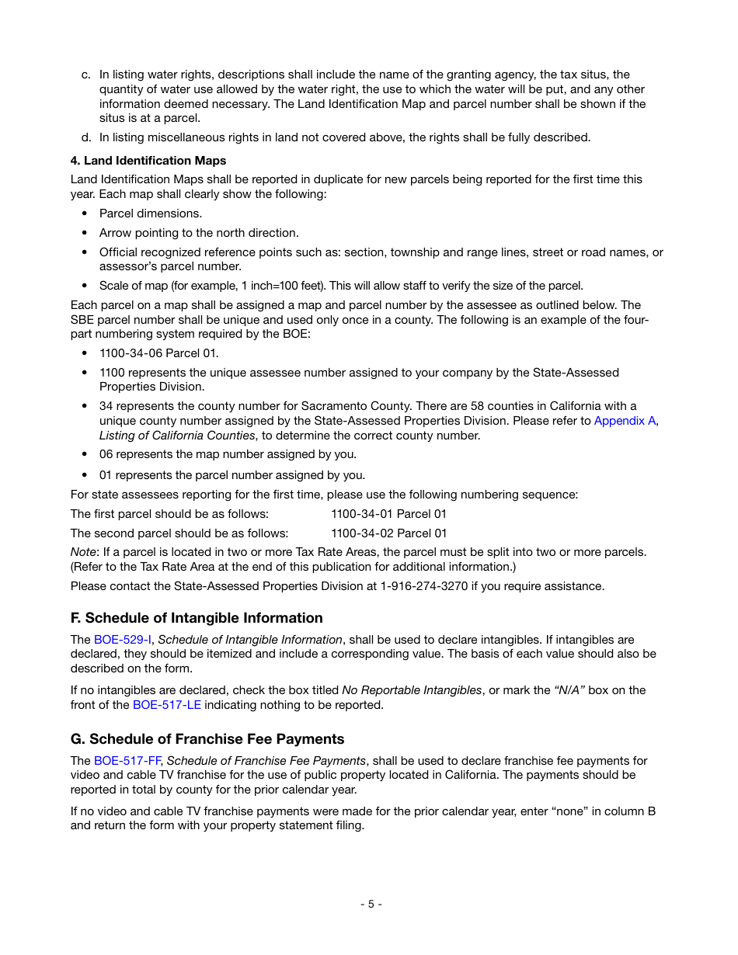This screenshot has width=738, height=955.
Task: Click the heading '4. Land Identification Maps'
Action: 148,161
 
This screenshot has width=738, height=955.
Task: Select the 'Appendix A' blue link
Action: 625,421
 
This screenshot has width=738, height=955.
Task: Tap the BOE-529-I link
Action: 122,640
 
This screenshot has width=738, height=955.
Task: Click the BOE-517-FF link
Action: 127,761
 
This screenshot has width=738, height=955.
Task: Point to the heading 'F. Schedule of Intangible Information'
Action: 197,618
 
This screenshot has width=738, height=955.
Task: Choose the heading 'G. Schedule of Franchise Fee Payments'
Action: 207,739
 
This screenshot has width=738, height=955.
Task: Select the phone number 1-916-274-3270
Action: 424,586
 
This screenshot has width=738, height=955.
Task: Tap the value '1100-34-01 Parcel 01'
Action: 388,514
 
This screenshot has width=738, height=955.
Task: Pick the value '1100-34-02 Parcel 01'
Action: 388,533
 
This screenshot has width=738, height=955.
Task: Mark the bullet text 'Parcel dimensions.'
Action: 150,214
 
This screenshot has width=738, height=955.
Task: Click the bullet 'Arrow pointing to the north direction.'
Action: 198,233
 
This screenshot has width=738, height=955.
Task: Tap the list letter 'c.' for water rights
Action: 85,75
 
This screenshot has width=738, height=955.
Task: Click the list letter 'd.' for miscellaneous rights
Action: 85,137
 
